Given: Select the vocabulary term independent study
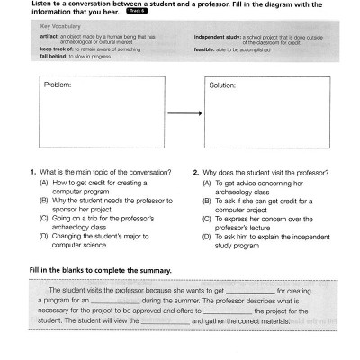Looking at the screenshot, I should pos(221,38).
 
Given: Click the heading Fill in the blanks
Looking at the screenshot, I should pos(94,270).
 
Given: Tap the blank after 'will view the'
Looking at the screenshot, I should pos(166,319).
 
